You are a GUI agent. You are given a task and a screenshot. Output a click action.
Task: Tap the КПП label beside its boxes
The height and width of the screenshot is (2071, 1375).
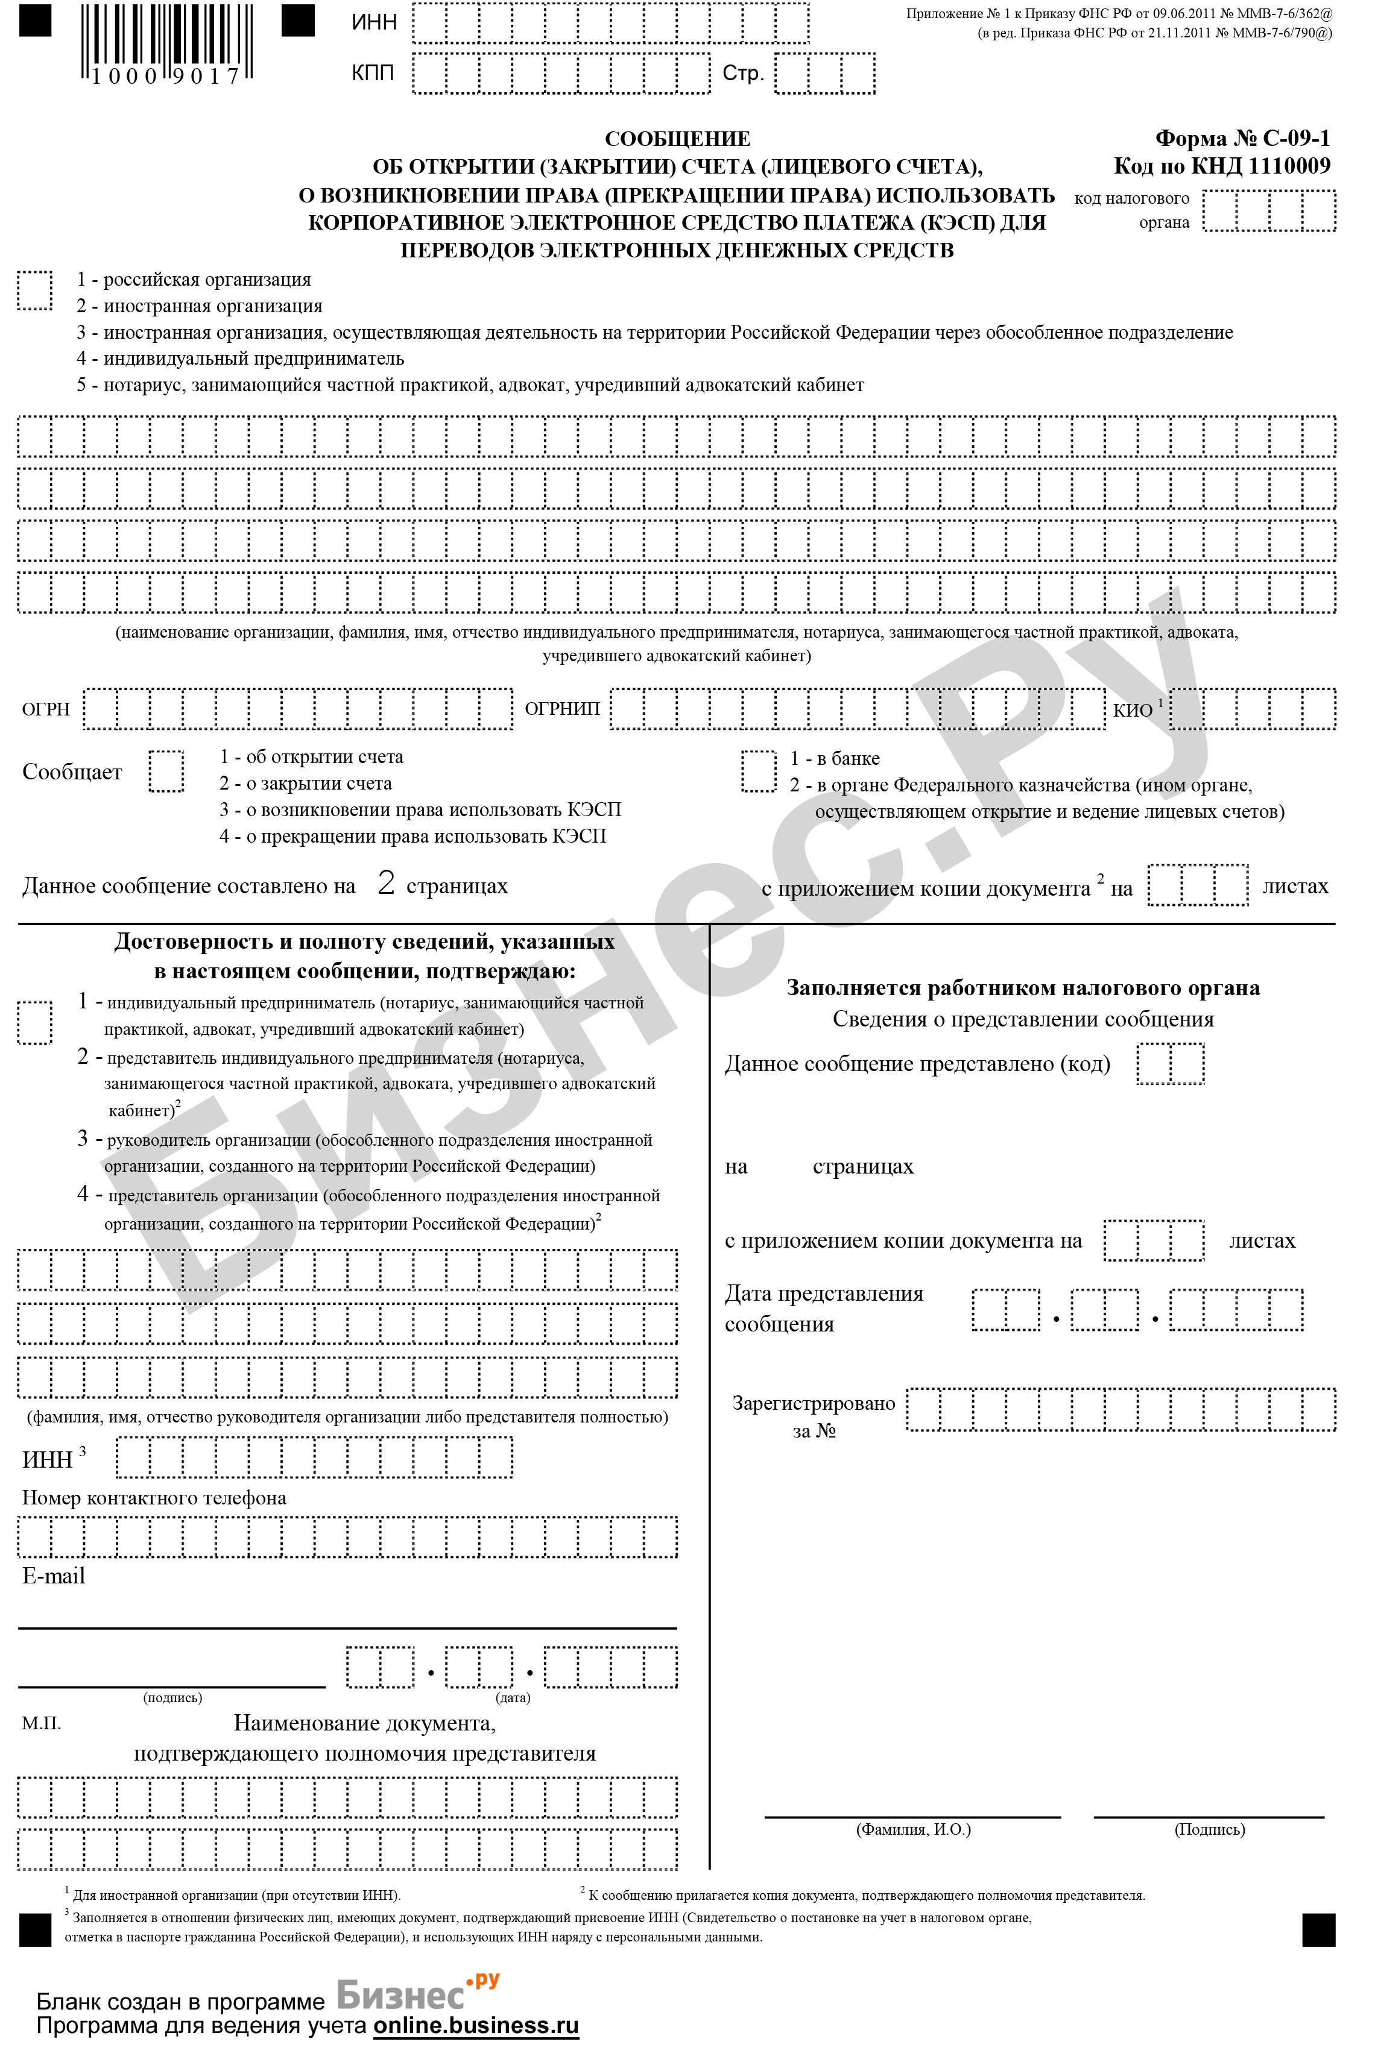tap(373, 74)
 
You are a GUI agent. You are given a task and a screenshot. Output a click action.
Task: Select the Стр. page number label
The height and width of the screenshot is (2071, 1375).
tap(743, 74)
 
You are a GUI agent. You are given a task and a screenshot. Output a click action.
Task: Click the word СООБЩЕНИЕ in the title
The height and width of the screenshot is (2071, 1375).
tap(677, 139)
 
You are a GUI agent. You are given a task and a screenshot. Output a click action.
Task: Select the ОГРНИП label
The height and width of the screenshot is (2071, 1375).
tap(562, 709)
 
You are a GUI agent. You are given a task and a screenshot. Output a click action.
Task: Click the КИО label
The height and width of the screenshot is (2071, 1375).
tap(1133, 711)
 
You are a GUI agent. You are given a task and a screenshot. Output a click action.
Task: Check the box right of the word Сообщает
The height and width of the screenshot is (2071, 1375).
tap(166, 772)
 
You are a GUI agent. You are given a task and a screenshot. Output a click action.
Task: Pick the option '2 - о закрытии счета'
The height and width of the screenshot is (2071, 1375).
tap(305, 784)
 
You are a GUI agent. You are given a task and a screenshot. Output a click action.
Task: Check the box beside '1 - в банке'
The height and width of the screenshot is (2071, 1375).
tap(759, 772)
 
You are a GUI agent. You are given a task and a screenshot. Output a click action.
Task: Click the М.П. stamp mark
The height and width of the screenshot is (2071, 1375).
tap(41, 1724)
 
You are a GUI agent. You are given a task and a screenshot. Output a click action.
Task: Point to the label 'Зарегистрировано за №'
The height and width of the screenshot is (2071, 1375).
tap(814, 1417)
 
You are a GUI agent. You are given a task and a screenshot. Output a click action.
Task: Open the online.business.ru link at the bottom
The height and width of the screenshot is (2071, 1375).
tap(476, 2025)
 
